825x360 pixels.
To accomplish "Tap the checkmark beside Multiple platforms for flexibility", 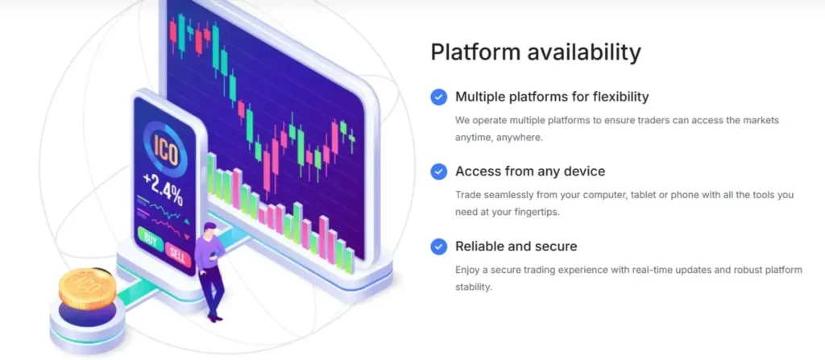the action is click(438, 97).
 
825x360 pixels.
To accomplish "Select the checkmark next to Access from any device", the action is click(438, 172).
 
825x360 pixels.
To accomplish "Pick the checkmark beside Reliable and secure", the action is click(438, 246).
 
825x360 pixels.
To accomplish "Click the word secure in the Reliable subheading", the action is click(556, 246).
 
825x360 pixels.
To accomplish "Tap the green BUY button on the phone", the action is click(150, 242).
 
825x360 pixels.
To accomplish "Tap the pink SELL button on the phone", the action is click(178, 256).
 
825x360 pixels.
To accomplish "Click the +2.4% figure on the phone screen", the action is click(163, 188).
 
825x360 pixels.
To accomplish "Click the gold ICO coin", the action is click(87, 288).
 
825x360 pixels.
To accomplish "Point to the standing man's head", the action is click(209, 230).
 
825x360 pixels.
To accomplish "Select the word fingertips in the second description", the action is click(536, 213).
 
